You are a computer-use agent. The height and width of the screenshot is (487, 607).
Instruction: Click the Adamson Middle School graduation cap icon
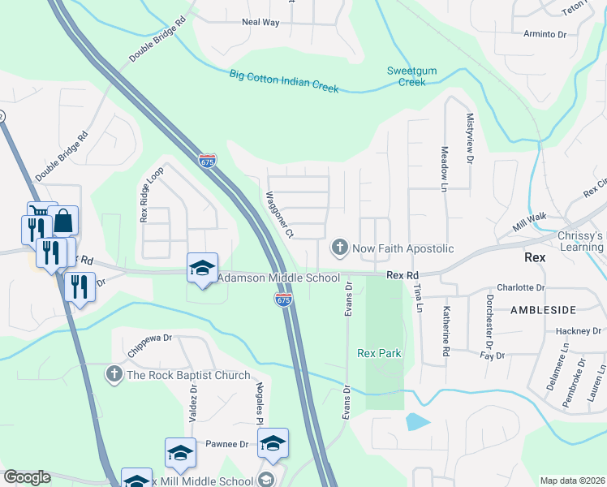click(202, 269)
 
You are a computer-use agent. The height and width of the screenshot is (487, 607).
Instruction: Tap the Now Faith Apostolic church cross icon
click(340, 246)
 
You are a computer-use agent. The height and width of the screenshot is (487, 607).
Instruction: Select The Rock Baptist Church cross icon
click(114, 374)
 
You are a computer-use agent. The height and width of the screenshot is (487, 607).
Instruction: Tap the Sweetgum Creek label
click(411, 76)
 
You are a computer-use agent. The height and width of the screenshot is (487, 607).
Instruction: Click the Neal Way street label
click(260, 23)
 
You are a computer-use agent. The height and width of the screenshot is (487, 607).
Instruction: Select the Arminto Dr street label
click(545, 34)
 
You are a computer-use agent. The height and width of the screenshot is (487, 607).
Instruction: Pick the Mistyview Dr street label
click(469, 139)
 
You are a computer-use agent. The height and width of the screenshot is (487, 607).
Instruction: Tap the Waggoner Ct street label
click(279, 215)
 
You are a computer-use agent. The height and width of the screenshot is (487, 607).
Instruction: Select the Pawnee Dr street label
click(226, 444)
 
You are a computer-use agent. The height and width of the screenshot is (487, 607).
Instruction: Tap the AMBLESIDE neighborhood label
click(543, 309)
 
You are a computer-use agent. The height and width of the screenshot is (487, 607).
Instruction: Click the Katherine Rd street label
click(446, 332)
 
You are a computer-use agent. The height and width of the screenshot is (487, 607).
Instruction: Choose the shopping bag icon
click(62, 221)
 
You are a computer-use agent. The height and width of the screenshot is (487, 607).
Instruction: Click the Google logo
click(27, 476)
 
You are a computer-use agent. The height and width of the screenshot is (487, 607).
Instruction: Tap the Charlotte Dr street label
click(520, 287)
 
